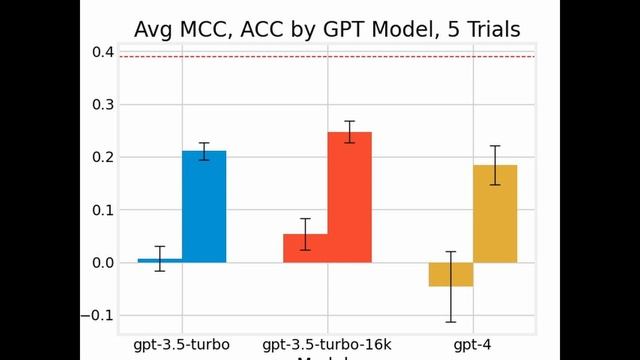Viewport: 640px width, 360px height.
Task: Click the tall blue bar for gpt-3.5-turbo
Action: click(204, 207)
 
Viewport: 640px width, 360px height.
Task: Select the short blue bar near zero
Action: click(160, 260)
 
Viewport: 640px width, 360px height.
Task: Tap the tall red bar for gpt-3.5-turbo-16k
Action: click(350, 197)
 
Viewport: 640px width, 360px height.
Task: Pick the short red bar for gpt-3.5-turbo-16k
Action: click(305, 248)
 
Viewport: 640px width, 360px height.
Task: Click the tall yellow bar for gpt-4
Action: click(495, 214)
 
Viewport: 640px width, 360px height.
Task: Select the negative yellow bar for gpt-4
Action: click(451, 274)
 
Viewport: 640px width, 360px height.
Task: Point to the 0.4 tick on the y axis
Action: click(100, 51)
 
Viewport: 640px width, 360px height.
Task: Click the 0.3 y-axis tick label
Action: click(100, 104)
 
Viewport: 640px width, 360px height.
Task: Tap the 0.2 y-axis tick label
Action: click(100, 157)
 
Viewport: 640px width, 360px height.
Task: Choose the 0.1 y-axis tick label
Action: click(100, 210)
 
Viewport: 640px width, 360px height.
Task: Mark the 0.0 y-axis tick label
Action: click(100, 263)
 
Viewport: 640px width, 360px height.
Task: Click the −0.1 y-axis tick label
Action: click(97, 316)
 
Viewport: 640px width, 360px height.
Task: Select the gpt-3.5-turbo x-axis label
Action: click(182, 345)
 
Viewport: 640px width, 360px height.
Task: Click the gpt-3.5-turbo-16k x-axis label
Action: click(327, 345)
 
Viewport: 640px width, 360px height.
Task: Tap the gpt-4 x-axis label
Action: click(473, 345)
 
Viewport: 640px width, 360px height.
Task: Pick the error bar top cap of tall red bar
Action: click(350, 121)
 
